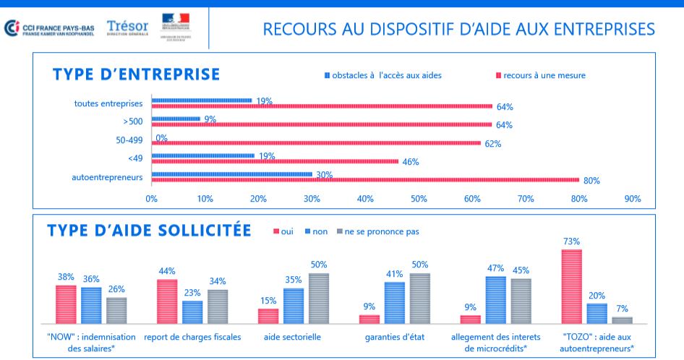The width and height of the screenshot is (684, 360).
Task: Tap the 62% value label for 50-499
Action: (x=492, y=144)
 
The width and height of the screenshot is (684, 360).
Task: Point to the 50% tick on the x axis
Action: (x=419, y=198)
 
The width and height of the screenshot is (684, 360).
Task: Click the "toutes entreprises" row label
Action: (x=108, y=103)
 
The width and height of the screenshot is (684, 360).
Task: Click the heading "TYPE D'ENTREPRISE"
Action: (x=137, y=74)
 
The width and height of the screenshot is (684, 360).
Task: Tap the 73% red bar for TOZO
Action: (x=572, y=286)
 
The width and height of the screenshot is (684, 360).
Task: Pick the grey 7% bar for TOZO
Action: (x=622, y=320)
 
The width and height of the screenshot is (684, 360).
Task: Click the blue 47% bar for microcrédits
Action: (x=495, y=300)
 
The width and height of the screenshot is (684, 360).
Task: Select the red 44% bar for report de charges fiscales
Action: (x=167, y=301)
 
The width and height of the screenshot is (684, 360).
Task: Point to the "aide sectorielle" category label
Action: (x=293, y=337)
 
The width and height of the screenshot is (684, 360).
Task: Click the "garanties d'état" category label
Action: (x=395, y=337)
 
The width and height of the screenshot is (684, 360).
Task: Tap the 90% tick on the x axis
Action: (x=633, y=198)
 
